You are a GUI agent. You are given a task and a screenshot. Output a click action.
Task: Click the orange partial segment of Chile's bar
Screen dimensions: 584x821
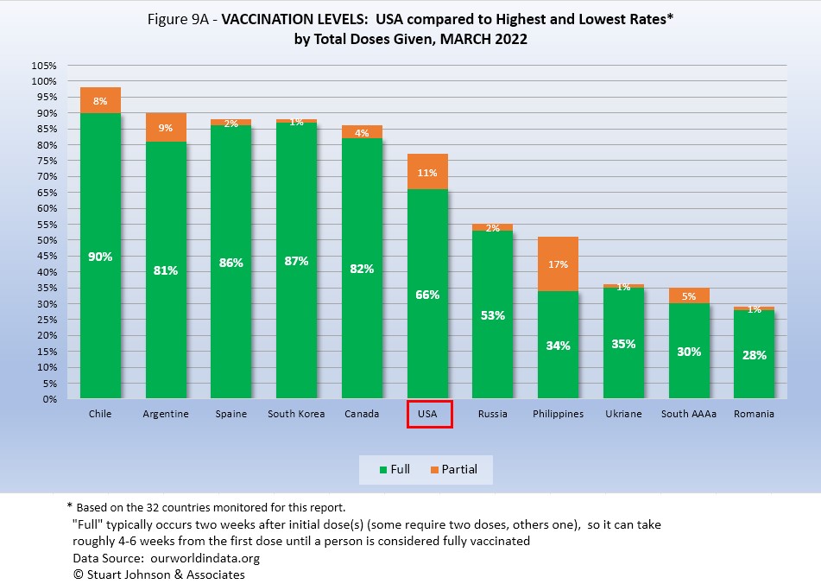(x=100, y=100)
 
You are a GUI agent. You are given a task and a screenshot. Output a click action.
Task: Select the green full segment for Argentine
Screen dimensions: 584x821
(x=166, y=270)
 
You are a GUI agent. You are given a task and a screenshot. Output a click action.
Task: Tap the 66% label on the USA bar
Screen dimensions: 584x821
(x=427, y=295)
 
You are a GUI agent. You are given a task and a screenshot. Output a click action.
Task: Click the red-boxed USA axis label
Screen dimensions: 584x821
(x=427, y=414)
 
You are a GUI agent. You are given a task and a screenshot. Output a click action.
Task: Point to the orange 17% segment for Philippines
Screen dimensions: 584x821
(x=558, y=264)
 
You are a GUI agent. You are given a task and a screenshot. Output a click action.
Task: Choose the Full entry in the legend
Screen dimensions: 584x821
(x=395, y=469)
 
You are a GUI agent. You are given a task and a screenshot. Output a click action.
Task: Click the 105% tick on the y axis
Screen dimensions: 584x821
(x=44, y=66)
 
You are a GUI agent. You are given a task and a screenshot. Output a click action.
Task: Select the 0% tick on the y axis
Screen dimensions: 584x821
(x=49, y=400)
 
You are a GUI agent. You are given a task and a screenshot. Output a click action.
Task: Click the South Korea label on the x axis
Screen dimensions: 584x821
(x=296, y=414)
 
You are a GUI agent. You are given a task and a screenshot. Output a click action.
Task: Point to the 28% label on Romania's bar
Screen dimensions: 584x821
(x=754, y=355)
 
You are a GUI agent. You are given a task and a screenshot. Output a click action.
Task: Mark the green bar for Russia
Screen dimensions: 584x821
(x=492, y=315)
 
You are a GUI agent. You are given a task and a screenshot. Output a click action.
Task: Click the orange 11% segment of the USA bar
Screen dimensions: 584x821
(x=427, y=172)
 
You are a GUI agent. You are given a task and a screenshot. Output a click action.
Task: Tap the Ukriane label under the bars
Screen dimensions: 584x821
(x=623, y=414)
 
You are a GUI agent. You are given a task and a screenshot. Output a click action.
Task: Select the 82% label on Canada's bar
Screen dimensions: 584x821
(x=362, y=269)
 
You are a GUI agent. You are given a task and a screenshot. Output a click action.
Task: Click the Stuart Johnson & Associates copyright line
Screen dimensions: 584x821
(x=155, y=574)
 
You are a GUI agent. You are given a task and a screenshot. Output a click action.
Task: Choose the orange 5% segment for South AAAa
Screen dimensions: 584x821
(x=688, y=295)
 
